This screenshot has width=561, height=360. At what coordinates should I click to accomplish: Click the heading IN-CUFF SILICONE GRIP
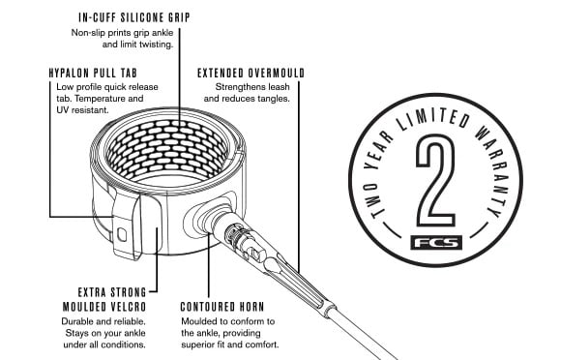134,17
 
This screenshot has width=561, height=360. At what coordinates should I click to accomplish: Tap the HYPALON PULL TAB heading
93,73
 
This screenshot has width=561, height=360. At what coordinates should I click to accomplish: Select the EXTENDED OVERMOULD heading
251,73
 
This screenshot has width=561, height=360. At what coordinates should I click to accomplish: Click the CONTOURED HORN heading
222,307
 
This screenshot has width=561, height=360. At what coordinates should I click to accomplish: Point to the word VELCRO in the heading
128,307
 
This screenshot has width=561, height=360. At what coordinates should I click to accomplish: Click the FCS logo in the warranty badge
436,243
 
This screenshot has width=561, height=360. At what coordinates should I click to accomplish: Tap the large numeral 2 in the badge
435,180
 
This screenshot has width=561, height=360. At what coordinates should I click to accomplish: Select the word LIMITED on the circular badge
433,120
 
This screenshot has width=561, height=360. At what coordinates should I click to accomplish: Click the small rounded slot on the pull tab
122,235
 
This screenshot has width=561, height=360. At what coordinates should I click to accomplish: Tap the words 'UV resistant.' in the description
82,110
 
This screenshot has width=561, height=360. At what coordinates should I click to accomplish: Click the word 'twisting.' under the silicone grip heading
156,45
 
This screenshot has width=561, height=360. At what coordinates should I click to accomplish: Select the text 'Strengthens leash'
252,87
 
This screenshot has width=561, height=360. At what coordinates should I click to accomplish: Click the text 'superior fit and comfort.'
229,345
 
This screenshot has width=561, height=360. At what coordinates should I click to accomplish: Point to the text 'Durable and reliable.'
103,321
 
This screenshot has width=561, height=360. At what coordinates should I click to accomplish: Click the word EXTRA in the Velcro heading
92,292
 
